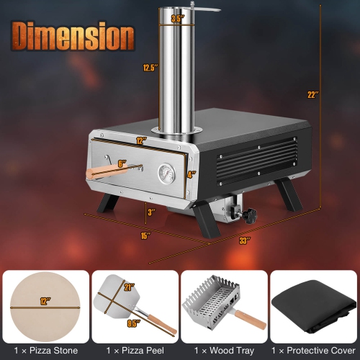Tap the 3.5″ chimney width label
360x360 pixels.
pos(177,19)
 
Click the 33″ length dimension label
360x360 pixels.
pos(245,240)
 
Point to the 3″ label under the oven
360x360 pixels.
pos(150,212)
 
